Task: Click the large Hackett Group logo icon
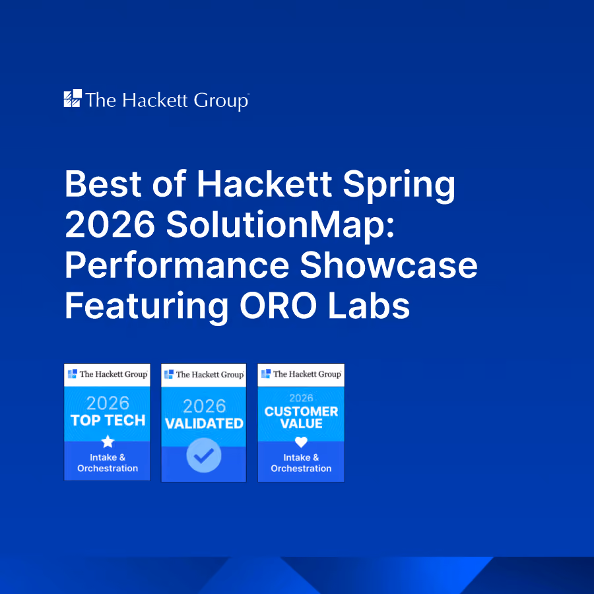tap(73, 98)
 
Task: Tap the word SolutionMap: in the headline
tap(280, 224)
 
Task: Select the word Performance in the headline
tap(177, 265)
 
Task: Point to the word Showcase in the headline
tap(389, 265)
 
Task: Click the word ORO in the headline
tap(279, 306)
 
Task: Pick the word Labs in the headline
tap(369, 306)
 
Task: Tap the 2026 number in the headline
tap(110, 224)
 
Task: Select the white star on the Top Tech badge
tap(108, 442)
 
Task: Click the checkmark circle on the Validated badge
tap(204, 455)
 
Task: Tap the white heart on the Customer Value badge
tap(301, 442)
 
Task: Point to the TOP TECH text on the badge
tap(108, 420)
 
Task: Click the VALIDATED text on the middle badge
tap(204, 424)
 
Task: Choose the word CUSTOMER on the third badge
tap(301, 411)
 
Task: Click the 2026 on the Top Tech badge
tap(108, 403)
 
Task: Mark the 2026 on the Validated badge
tap(204, 407)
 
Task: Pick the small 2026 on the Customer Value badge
tap(301, 398)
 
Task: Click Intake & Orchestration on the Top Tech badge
tap(108, 463)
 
